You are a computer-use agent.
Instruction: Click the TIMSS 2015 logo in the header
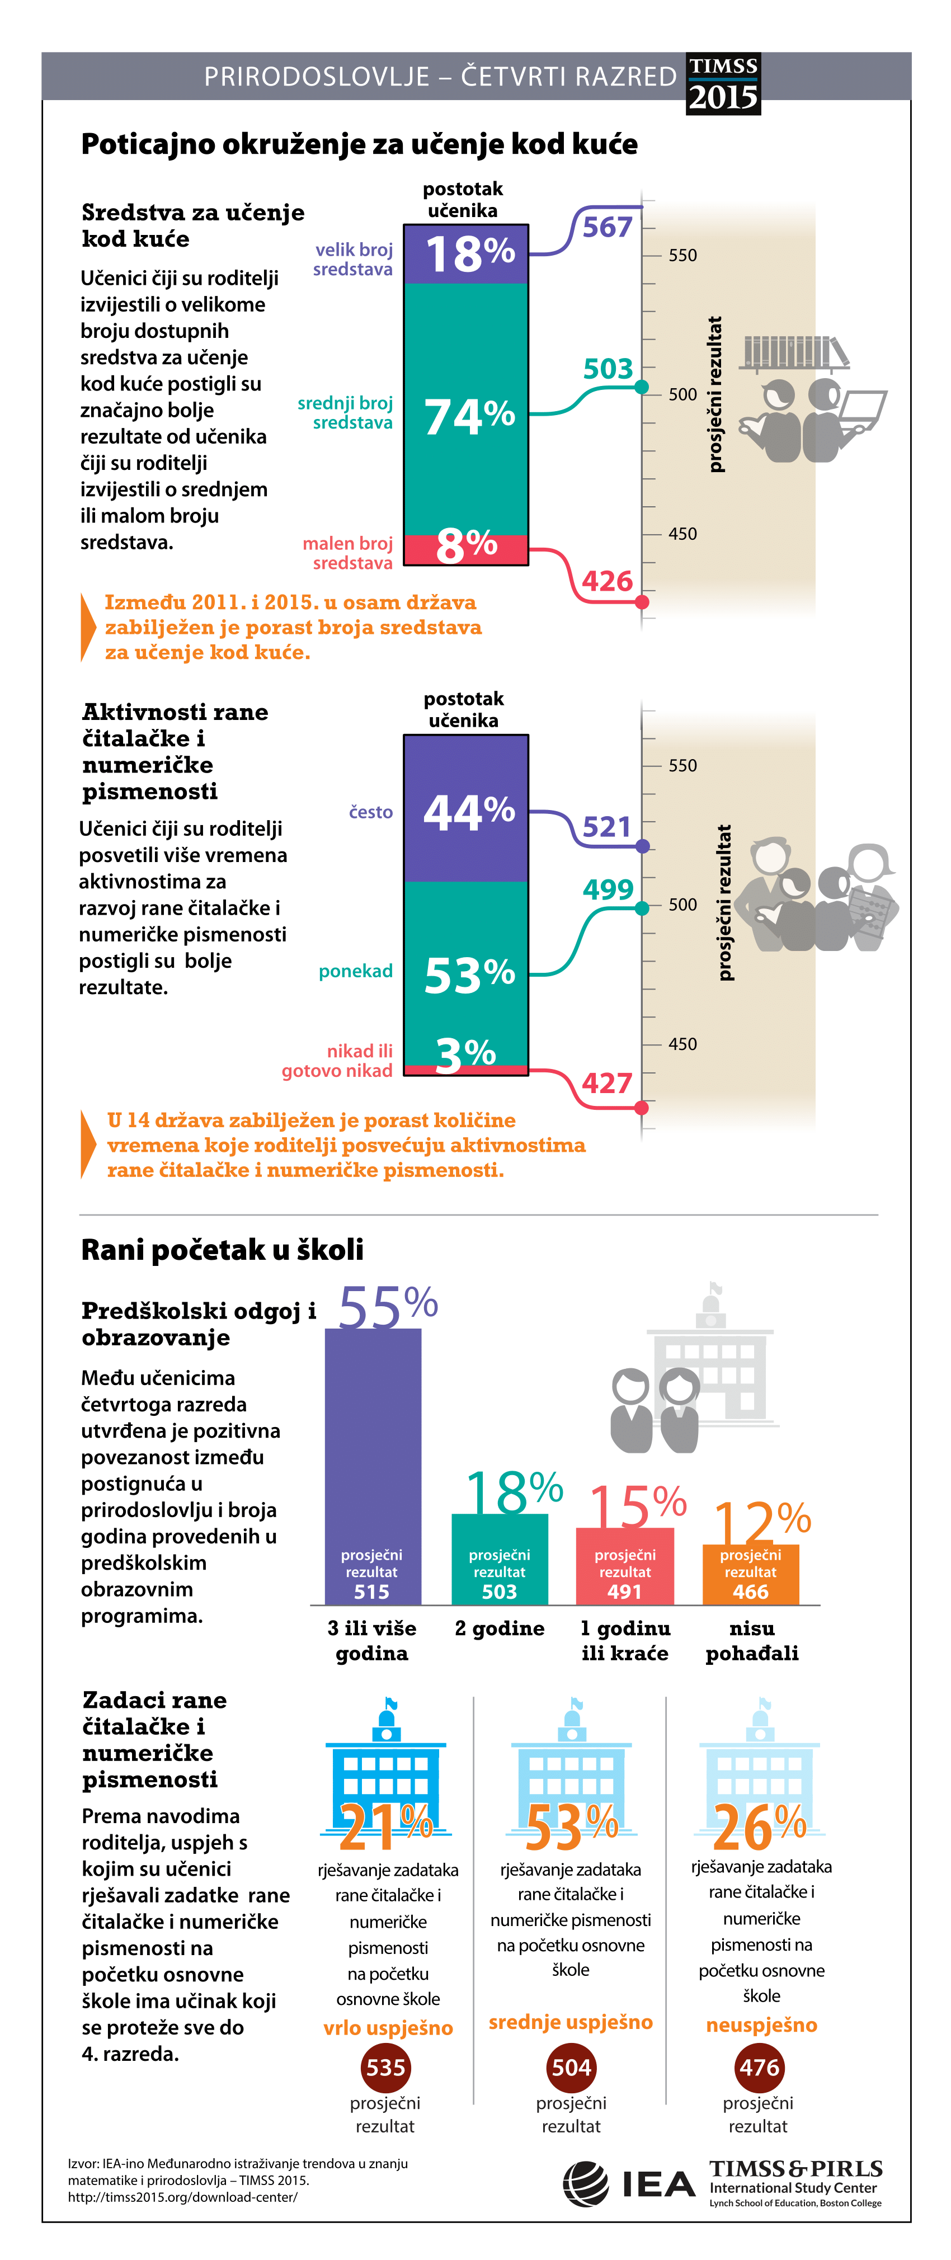[723, 84]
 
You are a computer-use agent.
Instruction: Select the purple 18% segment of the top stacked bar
[466, 255]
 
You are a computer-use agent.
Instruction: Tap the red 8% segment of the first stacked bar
[466, 549]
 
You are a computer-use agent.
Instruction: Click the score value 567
[607, 227]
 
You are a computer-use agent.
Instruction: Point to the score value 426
[607, 581]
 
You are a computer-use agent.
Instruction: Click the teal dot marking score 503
[642, 387]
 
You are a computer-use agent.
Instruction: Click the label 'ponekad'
[355, 971]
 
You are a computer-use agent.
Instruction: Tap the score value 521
[607, 827]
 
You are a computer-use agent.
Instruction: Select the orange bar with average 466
[750, 1575]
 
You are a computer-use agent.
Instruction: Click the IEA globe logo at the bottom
[585, 2184]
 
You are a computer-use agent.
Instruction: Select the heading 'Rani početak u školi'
[222, 1249]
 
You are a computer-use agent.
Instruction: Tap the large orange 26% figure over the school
[760, 1828]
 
